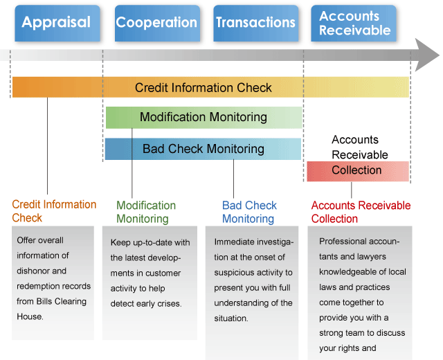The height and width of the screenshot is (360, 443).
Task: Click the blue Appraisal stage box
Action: pyautogui.click(x=57, y=23)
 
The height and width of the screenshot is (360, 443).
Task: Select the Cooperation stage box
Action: pyautogui.click(x=157, y=23)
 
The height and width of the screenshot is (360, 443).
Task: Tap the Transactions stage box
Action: pyautogui.click(x=256, y=23)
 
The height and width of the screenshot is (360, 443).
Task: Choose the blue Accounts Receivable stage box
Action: pyautogui.click(x=354, y=23)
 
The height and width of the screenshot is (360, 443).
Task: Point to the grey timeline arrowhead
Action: pyautogui.click(x=426, y=55)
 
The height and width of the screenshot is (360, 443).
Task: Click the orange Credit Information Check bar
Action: pyautogui.click(x=210, y=87)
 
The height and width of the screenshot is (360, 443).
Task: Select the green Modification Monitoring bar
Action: pyautogui.click(x=204, y=117)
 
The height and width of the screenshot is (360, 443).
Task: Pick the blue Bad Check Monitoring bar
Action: pyautogui.click(x=203, y=149)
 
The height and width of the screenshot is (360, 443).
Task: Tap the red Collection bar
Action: pyautogui.click(x=358, y=171)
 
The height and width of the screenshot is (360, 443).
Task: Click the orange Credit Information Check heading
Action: pyautogui.click(x=54, y=211)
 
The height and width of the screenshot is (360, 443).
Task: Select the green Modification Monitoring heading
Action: pyautogui.click(x=146, y=212)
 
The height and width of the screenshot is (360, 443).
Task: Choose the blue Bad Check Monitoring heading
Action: pyautogui.click(x=249, y=212)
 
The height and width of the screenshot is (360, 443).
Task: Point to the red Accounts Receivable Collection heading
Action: pyautogui.click(x=361, y=212)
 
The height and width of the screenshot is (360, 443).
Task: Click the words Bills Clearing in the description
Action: pyautogui.click(x=62, y=301)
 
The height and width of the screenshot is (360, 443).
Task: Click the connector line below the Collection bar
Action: pyautogui.click(x=352, y=190)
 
